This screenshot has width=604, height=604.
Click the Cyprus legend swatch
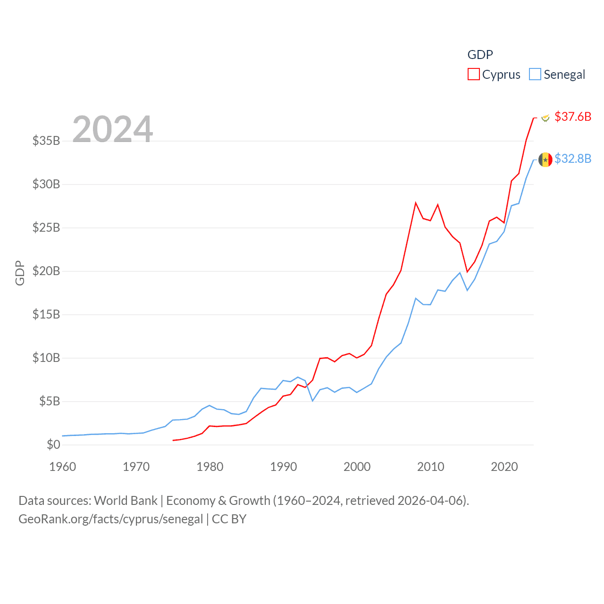tap(473, 75)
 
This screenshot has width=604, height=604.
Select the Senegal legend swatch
tap(535, 75)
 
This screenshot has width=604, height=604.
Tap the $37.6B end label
tap(573, 117)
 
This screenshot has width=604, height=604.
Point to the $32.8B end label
tap(573, 159)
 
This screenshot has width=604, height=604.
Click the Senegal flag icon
tap(545, 159)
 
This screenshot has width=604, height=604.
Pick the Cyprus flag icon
tap(545, 117)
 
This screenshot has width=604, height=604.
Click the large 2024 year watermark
tap(113, 129)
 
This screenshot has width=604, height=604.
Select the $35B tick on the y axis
tap(46, 141)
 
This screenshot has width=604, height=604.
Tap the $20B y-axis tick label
tap(46, 271)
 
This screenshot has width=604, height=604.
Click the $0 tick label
tap(53, 445)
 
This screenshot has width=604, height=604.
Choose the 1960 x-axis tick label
tap(63, 467)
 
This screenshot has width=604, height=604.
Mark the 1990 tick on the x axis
tap(284, 467)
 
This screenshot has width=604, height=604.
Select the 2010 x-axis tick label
tap(431, 467)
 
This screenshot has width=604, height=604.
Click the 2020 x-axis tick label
tap(504, 467)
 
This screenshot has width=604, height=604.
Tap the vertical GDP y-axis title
tap(20, 273)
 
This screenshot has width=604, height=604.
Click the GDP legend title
tap(480, 55)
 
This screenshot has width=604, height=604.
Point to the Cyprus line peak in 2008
tap(416, 203)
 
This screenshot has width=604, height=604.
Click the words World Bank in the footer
tap(126, 500)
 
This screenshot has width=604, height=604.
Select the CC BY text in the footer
tap(229, 519)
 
